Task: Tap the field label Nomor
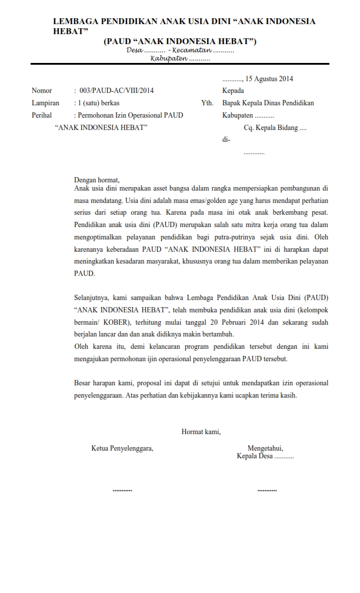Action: point(42,91)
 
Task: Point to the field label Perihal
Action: point(42,115)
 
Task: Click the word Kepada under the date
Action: point(233,91)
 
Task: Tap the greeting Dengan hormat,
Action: point(96,179)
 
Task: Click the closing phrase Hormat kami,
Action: point(201,432)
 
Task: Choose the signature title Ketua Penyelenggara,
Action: point(122,448)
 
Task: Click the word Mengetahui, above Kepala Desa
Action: point(265,448)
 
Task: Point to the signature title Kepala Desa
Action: point(255,456)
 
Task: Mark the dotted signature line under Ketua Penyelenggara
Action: point(122,489)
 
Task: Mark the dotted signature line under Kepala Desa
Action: point(266,489)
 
